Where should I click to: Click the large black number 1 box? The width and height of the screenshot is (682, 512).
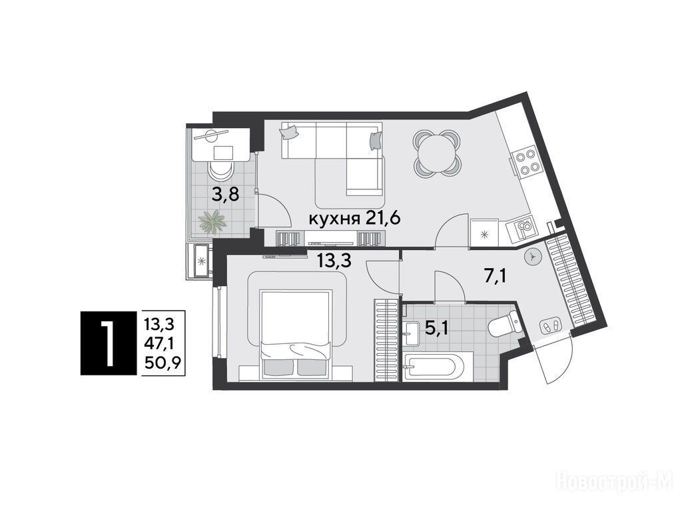pos(106,343)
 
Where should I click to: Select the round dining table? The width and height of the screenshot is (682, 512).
pos(436,151)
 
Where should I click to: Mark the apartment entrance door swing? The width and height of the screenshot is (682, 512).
pos(557,360)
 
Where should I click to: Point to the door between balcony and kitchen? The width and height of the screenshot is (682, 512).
pos(273,210)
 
